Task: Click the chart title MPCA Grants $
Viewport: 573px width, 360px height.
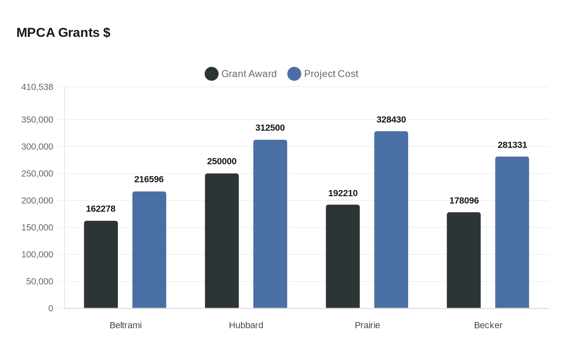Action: pos(63,32)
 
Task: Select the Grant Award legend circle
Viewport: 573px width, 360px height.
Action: pos(212,74)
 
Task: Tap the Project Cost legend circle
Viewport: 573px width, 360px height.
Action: pos(294,74)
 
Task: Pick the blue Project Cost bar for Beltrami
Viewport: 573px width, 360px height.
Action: pos(149,250)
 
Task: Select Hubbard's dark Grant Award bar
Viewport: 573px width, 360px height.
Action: pos(222,241)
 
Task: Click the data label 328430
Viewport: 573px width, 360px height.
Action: pos(391,119)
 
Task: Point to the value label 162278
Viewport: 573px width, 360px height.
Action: pos(101,209)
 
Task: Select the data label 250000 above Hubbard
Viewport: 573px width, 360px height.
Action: pos(222,161)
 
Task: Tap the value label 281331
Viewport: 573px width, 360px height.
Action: pos(512,145)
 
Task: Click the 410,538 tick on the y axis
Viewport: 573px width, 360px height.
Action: pos(37,87)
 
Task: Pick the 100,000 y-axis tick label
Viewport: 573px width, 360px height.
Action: pos(37,254)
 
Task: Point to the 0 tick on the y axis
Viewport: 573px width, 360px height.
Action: pos(51,308)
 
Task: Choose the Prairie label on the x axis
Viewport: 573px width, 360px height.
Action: pos(368,325)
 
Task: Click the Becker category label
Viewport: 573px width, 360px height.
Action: pos(488,325)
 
